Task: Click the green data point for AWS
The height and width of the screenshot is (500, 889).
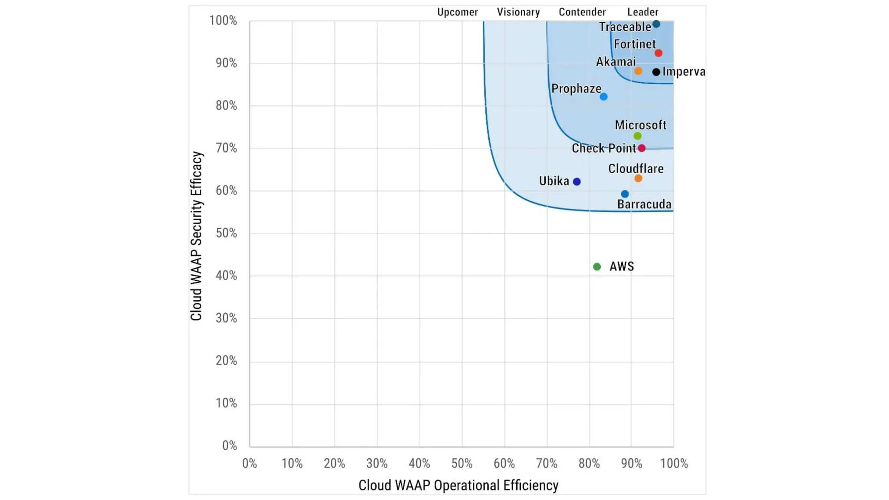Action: [597, 266]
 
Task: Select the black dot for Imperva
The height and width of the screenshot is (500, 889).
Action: [656, 72]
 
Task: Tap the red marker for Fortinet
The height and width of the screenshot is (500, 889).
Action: [658, 53]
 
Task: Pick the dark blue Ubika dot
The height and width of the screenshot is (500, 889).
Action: [576, 181]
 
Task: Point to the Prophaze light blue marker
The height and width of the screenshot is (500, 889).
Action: [603, 97]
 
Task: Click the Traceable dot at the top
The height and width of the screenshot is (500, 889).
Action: [656, 24]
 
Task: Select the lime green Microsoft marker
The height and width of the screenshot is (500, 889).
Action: [637, 136]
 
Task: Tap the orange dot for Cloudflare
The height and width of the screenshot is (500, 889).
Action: [638, 178]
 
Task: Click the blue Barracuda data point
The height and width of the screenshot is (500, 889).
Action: [625, 194]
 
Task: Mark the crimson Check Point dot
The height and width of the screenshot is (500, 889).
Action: [642, 148]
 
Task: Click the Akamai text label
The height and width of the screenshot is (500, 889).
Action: [616, 62]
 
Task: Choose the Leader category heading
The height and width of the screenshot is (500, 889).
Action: [642, 12]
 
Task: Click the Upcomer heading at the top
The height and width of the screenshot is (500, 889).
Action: [457, 12]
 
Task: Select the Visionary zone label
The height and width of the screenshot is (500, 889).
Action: [518, 12]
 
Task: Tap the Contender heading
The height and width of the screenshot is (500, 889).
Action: [582, 12]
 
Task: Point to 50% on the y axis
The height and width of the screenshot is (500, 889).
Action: [226, 233]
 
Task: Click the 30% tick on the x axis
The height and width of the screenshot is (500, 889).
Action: [377, 464]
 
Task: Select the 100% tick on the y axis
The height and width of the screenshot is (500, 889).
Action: [223, 20]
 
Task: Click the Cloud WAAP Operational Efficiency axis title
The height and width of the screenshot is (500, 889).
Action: [458, 485]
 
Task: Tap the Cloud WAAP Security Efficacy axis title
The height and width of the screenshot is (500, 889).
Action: [196, 236]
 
